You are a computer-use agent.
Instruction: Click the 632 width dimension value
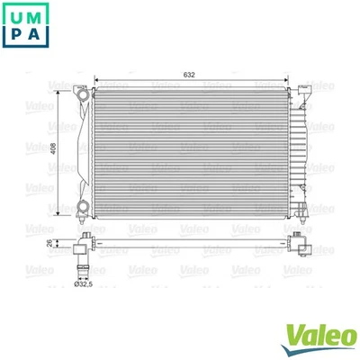(x=189, y=75)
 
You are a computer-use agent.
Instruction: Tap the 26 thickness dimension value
(x=50, y=242)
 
